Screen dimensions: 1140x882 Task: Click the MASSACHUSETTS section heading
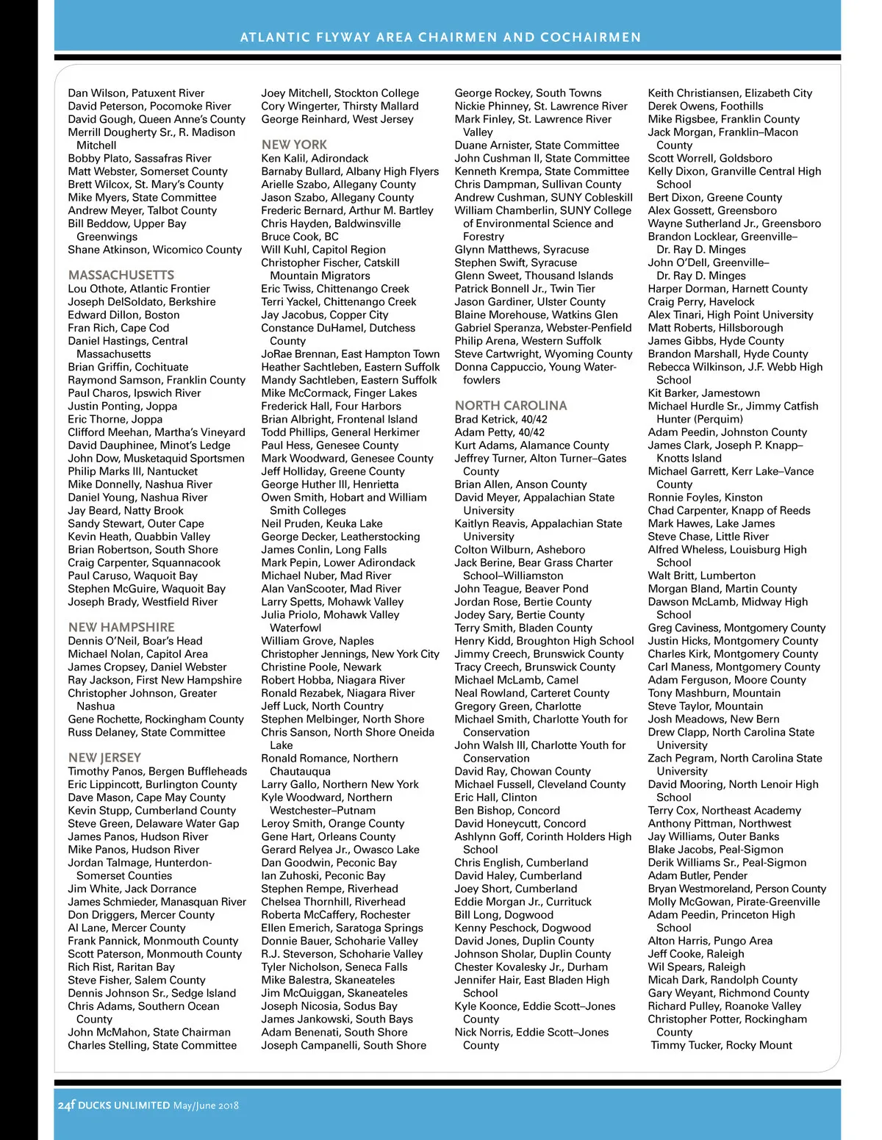[x=121, y=275]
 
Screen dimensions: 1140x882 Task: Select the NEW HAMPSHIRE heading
[x=121, y=627]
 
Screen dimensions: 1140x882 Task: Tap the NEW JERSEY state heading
[x=104, y=757]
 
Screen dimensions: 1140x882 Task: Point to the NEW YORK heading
[x=294, y=145]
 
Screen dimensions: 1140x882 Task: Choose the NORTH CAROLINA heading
[x=511, y=405]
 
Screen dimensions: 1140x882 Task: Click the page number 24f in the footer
[x=66, y=1105]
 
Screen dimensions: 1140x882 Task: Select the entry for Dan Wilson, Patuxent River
[x=136, y=93]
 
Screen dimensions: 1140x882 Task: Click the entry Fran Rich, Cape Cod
[x=118, y=328]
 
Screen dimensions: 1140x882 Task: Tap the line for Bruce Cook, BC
[x=300, y=237]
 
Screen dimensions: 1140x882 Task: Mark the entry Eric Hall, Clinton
[x=495, y=797]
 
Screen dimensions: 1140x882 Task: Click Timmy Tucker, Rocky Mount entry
[x=722, y=1045]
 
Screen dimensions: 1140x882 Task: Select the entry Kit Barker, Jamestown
[x=703, y=393]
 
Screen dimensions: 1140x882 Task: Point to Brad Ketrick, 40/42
[x=501, y=419]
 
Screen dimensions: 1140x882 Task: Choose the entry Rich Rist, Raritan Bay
[x=121, y=967]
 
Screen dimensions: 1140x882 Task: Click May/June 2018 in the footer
[x=206, y=1105]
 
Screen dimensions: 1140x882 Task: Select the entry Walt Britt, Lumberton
[x=701, y=576]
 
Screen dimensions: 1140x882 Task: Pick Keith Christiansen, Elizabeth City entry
[x=730, y=93]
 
